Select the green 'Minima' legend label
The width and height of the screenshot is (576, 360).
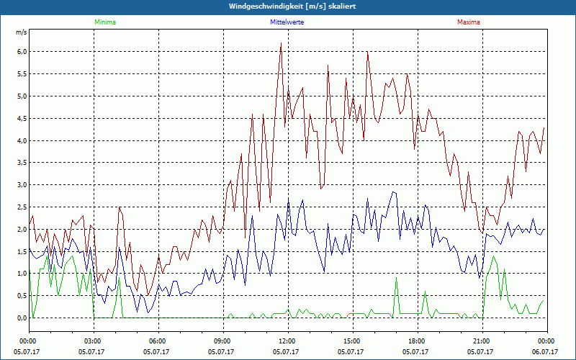pyautogui.click(x=104, y=22)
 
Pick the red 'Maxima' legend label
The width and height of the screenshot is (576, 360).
pyautogui.click(x=468, y=22)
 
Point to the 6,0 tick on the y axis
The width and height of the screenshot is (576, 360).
pyautogui.click(x=22, y=52)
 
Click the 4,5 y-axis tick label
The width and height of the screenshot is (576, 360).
pyautogui.click(x=22, y=118)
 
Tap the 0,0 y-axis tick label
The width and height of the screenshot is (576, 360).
pyautogui.click(x=22, y=318)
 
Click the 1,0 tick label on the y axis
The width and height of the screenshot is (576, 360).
pyautogui.click(x=22, y=274)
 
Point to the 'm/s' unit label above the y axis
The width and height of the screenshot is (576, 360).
pyautogui.click(x=21, y=33)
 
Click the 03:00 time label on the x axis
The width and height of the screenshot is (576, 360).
pyautogui.click(x=93, y=341)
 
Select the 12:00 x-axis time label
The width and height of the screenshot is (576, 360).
pyautogui.click(x=287, y=341)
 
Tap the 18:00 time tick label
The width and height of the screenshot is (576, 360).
pyautogui.click(x=417, y=341)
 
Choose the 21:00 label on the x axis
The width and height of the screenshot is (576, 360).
pyautogui.click(x=482, y=341)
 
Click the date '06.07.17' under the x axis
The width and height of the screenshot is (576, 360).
pyautogui.click(x=546, y=352)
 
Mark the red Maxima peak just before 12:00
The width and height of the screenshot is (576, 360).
pyautogui.click(x=281, y=43)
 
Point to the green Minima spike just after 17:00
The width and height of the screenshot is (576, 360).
pyautogui.click(x=396, y=279)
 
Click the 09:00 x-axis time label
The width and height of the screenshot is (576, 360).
pyautogui.click(x=222, y=341)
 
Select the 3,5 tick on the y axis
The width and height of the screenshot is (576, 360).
pyautogui.click(x=22, y=163)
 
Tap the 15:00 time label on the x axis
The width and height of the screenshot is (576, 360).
pyautogui.click(x=352, y=341)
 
